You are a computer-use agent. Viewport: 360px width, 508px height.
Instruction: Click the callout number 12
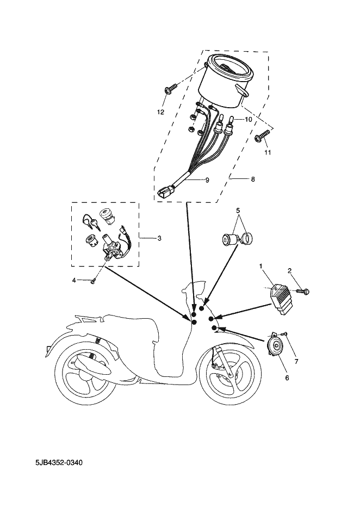(x=161, y=112)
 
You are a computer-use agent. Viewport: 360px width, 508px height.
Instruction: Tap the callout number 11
(x=268, y=152)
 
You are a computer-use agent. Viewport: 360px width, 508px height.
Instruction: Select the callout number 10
(x=248, y=119)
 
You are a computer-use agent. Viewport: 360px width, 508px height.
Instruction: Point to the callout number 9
(x=207, y=180)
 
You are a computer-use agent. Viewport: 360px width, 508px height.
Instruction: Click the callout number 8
(x=253, y=179)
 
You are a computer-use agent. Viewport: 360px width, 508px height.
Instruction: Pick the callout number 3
(x=159, y=238)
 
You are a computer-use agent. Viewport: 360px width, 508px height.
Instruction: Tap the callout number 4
(x=74, y=280)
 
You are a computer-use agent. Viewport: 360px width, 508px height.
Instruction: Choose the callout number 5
(x=238, y=210)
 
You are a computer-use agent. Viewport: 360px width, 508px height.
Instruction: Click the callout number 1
(x=260, y=266)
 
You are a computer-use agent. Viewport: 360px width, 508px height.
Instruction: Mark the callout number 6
(x=287, y=377)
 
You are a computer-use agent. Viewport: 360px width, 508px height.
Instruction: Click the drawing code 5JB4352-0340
(x=59, y=462)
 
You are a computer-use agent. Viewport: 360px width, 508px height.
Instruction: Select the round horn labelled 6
(x=275, y=345)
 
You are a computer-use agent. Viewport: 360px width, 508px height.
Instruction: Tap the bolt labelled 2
(x=303, y=292)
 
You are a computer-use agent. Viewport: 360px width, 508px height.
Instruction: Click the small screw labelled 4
(x=94, y=282)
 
